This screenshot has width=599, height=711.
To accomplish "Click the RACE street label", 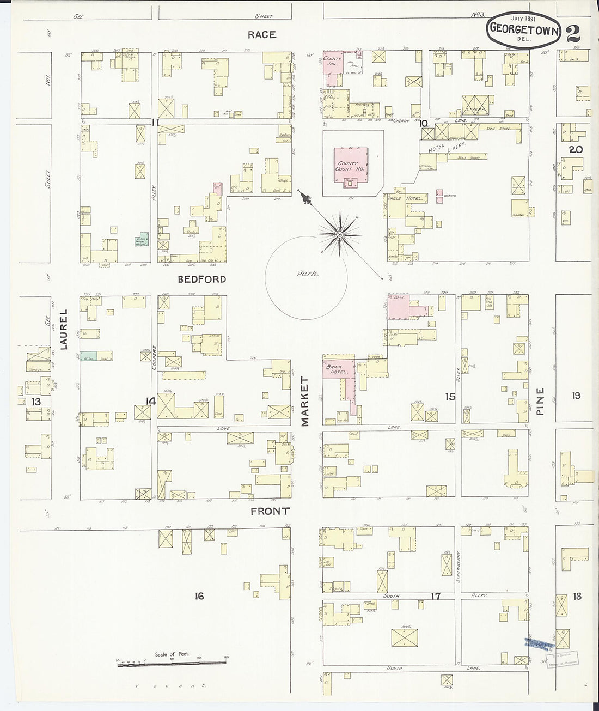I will coord(262,35).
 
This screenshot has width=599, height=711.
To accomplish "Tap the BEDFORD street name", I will coord(201,279).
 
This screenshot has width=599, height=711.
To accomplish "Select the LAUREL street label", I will coord(63,329).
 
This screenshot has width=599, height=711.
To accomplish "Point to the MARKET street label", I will coord(304,401).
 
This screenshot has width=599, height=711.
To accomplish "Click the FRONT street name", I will coord(270,512).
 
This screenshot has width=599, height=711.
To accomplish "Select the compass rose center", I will coord(339,235).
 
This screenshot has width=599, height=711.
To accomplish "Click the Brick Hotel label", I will coord(337,369).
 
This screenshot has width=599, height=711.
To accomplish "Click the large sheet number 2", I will coord(572,32).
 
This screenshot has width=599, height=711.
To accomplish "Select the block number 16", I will coord(199,597).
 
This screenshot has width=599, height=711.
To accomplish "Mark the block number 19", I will coord(576,396).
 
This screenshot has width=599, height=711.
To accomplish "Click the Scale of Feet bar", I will coord(172,662).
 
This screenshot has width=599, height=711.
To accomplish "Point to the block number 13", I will coord(36,402).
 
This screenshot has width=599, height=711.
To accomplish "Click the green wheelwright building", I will coord(142,240).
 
